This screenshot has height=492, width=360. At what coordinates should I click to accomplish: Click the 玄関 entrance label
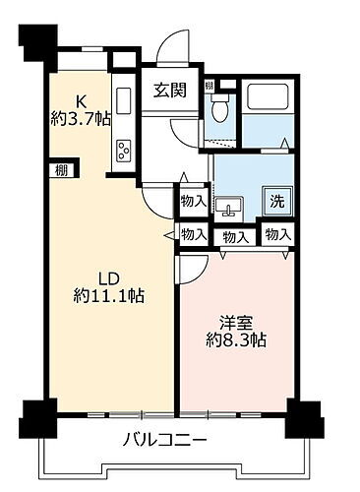click(x=170, y=92)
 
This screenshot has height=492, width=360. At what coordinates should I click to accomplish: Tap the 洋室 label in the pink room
click(x=235, y=322)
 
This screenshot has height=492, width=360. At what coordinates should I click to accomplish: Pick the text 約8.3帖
click(x=237, y=341)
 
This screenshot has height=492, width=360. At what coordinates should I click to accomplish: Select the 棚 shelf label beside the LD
click(x=61, y=169)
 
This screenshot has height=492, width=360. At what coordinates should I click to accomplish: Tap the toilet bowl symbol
click(x=220, y=108)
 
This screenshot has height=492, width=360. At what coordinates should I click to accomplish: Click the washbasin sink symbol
click(x=232, y=207)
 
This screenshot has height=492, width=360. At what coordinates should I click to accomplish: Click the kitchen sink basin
click(x=125, y=101)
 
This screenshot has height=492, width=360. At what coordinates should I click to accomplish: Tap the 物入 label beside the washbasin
click(x=193, y=201)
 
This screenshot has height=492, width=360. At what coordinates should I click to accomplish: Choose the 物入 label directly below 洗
click(x=278, y=234)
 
